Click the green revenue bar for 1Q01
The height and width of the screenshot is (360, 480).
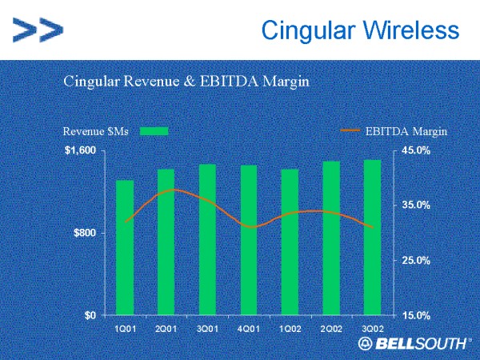[x=125, y=247]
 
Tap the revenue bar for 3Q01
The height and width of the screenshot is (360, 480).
[x=207, y=239]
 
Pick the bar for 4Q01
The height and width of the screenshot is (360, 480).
[x=249, y=240]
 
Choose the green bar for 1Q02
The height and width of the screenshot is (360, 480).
[x=290, y=242]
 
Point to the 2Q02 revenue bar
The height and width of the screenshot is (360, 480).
[x=331, y=238]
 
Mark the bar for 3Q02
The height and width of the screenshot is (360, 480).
[x=372, y=237]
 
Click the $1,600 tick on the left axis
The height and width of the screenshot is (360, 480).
[x=80, y=150]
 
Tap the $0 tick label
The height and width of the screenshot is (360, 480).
[x=90, y=315]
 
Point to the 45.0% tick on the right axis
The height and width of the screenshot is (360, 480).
[x=416, y=150]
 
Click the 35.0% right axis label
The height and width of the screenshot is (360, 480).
[x=416, y=206]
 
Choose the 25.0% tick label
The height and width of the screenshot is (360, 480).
[x=416, y=261]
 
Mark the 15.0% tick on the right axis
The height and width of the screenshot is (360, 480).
[x=416, y=315]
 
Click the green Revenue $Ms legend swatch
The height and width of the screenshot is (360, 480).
[x=154, y=130]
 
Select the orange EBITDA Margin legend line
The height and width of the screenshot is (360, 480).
[x=350, y=130]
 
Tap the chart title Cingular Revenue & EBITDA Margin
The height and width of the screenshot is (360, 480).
[x=186, y=81]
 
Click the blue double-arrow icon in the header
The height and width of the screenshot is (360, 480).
[x=38, y=31]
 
